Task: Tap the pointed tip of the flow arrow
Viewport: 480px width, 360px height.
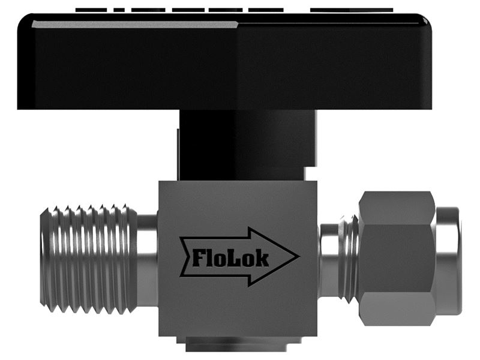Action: pos(299,257)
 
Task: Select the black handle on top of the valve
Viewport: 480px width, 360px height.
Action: pos(224,61)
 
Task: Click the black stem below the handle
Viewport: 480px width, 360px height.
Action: pos(247,145)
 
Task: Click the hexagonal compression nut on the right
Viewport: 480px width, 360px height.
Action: pos(397,259)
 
